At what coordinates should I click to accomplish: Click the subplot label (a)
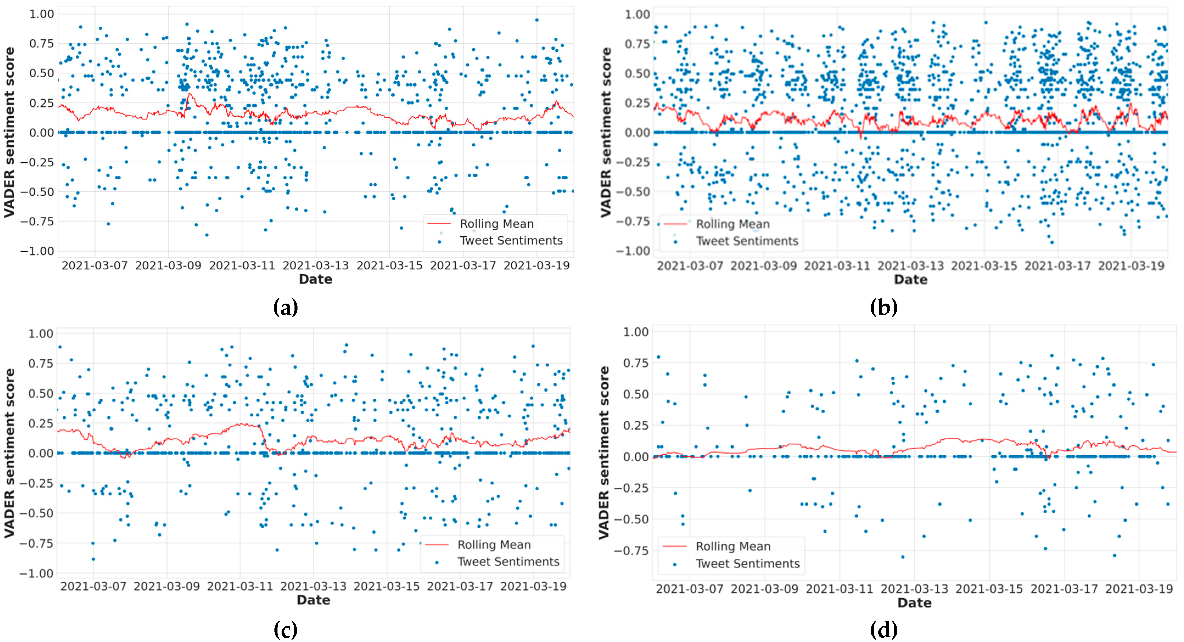click(x=285, y=307)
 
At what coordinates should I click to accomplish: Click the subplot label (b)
click(x=883, y=307)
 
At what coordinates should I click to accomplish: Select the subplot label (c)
click(x=285, y=629)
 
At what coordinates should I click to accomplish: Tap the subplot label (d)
click(x=883, y=629)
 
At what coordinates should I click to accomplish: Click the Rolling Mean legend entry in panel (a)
click(x=496, y=224)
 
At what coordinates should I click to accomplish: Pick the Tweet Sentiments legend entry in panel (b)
click(x=747, y=241)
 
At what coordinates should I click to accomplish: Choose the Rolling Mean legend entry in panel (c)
click(x=494, y=545)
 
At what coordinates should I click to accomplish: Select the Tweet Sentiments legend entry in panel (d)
click(x=747, y=564)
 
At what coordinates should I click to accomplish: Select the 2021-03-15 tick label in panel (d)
click(x=989, y=589)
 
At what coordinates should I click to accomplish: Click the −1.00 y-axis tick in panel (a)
click(x=37, y=251)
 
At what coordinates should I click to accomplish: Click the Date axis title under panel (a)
click(x=315, y=279)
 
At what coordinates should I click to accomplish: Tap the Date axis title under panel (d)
click(x=914, y=603)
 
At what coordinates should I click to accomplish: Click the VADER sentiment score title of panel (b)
click(x=606, y=132)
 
